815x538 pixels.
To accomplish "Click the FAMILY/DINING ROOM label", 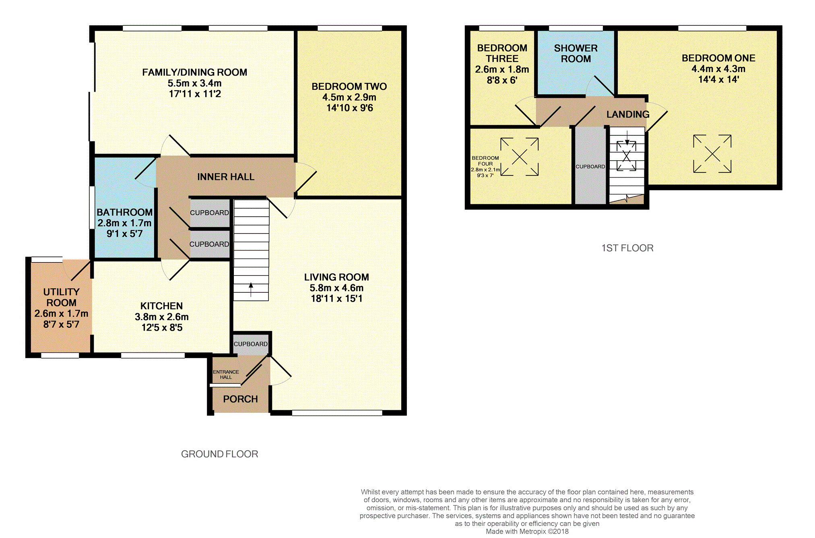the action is pyautogui.click(x=195, y=72).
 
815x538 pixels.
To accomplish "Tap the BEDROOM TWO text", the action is pyautogui.click(x=349, y=87).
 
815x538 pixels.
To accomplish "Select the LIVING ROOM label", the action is pyautogui.click(x=336, y=277).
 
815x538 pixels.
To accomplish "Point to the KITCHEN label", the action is pyautogui.click(x=161, y=306).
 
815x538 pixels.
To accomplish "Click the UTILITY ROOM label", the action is pyautogui.click(x=61, y=297).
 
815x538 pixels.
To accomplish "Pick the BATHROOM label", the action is pyautogui.click(x=125, y=212).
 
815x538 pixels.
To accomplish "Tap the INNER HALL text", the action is pyautogui.click(x=226, y=177).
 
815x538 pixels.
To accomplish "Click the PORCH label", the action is pyautogui.click(x=240, y=399).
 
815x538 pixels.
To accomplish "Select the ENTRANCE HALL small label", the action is pyautogui.click(x=226, y=375).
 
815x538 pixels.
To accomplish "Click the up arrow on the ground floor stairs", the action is pyautogui.click(x=251, y=290).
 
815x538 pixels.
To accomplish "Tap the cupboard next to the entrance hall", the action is pyautogui.click(x=251, y=344).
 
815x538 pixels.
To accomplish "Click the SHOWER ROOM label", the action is pyautogui.click(x=576, y=54).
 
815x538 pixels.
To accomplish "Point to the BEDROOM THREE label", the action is pyautogui.click(x=502, y=54).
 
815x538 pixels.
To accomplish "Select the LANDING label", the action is pyautogui.click(x=628, y=114).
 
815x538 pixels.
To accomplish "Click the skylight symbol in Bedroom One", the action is pyautogui.click(x=712, y=154).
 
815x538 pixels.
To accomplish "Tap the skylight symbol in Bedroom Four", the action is pyautogui.click(x=520, y=157).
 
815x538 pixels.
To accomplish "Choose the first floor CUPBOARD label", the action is pyautogui.click(x=590, y=167).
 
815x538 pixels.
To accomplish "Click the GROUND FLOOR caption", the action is pyautogui.click(x=219, y=454).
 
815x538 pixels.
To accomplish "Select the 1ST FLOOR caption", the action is pyautogui.click(x=627, y=248).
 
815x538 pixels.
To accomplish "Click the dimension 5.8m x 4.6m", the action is pyautogui.click(x=336, y=288).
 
